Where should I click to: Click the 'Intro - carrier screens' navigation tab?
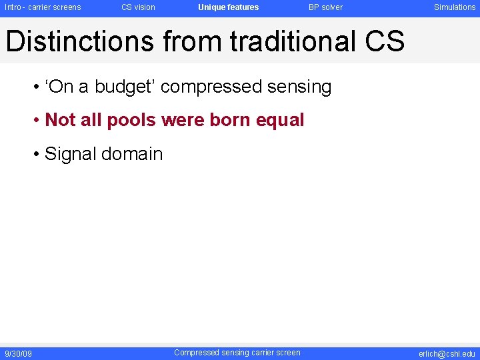43,7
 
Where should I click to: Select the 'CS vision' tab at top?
138,7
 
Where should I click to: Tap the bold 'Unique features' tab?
228,7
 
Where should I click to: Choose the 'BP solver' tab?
325,7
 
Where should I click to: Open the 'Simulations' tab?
455,7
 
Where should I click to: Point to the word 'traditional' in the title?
293,41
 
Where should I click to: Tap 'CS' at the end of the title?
385,41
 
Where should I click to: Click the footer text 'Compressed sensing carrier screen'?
237,353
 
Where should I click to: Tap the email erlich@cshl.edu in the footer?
447,353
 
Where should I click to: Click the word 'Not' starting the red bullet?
59,121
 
